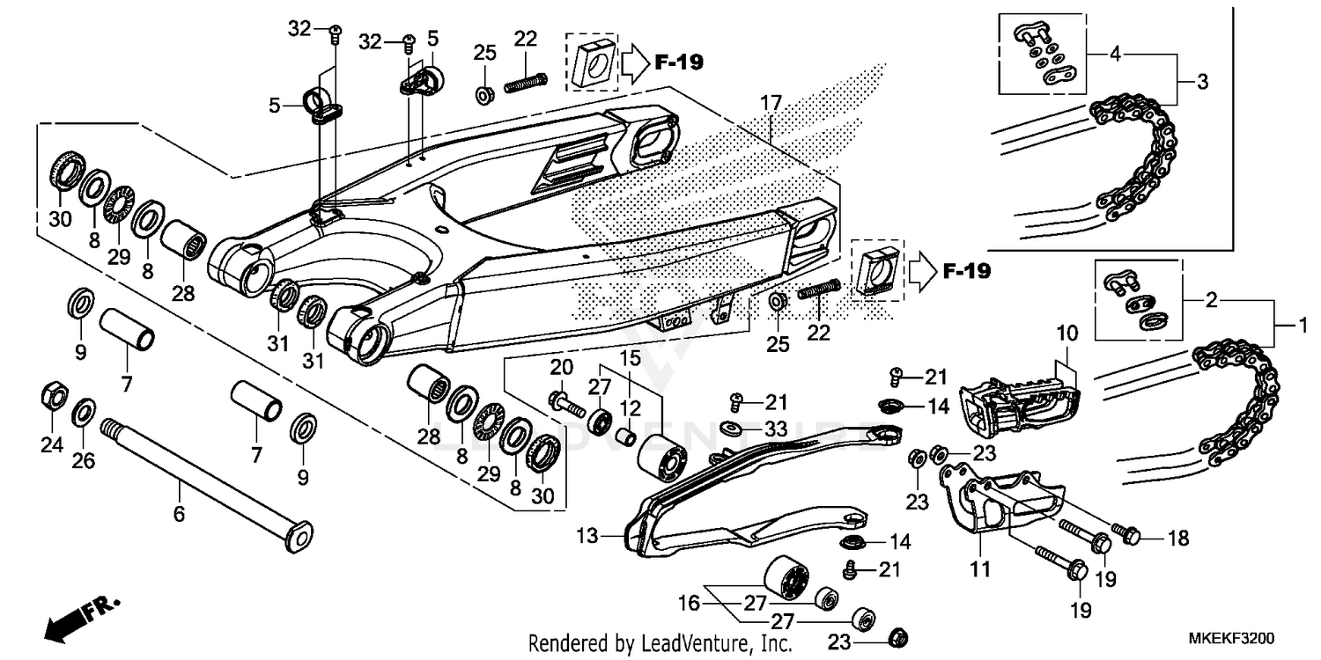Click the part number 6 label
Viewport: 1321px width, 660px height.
point(179,513)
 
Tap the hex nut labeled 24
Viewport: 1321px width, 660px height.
point(52,397)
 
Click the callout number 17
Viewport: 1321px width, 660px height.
point(771,104)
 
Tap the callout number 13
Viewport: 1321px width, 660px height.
point(587,535)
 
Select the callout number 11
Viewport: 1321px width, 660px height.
point(979,569)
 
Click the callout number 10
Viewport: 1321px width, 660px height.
point(1066,334)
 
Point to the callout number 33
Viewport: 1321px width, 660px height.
point(775,429)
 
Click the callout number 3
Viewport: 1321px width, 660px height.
point(1202,83)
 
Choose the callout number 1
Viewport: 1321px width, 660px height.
point(1302,325)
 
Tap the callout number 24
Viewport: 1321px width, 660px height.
point(52,445)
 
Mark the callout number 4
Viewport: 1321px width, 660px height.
point(1115,53)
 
